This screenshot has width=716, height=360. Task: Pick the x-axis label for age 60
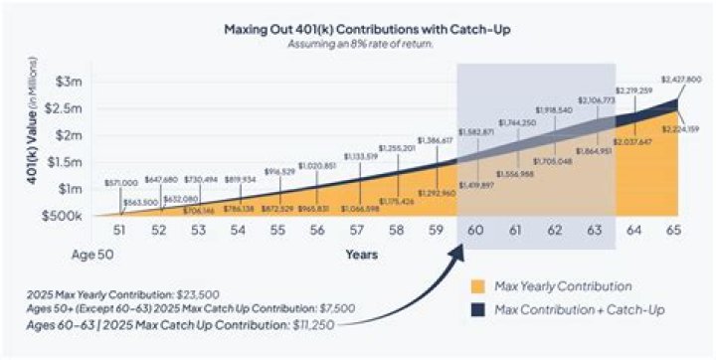(x=476, y=231)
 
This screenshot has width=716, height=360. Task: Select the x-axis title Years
(x=361, y=255)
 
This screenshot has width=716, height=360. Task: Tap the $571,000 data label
(x=120, y=184)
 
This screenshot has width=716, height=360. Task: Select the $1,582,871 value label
(x=476, y=131)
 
